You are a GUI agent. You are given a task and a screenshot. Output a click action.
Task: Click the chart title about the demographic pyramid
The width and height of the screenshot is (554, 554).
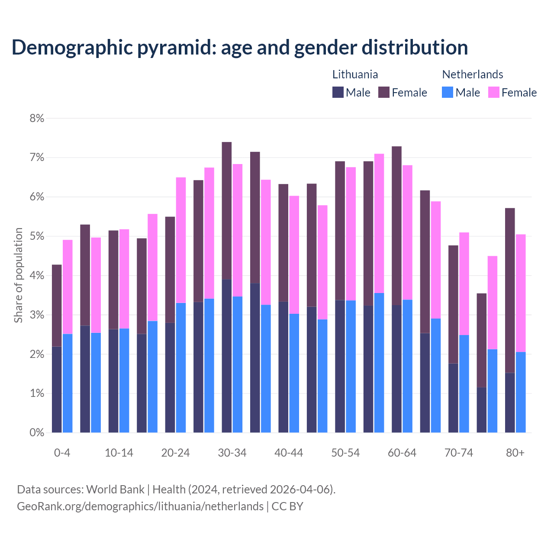click(240, 47)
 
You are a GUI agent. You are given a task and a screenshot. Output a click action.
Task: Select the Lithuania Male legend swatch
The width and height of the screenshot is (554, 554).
click(338, 92)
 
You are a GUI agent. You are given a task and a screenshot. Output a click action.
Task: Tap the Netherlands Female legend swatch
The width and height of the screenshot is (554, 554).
click(493, 92)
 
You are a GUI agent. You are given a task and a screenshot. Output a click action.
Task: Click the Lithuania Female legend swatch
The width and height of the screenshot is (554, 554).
click(384, 92)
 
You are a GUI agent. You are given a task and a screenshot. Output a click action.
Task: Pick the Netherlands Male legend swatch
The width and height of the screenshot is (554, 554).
click(448, 92)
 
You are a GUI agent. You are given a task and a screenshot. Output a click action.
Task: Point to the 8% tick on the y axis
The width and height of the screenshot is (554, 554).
click(37, 118)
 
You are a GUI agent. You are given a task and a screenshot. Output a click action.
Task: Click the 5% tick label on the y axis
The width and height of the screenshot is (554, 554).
click(37, 236)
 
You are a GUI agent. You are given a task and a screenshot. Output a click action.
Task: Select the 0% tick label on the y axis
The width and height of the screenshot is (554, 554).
click(37, 432)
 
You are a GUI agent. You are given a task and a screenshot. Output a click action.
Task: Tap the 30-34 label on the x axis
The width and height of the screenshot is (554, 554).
click(232, 453)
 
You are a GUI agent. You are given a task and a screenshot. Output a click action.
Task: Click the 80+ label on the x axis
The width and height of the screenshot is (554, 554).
click(515, 453)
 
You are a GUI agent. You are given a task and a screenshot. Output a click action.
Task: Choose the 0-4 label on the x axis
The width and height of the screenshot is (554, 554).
click(62, 453)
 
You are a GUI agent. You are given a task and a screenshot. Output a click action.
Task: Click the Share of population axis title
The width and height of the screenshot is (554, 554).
click(18, 275)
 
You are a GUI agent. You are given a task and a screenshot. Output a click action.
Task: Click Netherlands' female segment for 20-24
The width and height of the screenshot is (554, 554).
click(181, 240)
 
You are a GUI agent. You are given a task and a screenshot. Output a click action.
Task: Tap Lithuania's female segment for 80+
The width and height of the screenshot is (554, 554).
click(510, 290)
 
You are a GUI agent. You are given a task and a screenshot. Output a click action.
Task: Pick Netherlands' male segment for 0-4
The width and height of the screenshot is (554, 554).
click(68, 383)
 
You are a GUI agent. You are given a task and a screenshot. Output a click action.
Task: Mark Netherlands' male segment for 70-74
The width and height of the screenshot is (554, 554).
click(464, 383)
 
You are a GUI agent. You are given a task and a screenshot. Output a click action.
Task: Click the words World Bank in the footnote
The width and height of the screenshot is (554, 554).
click(115, 490)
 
